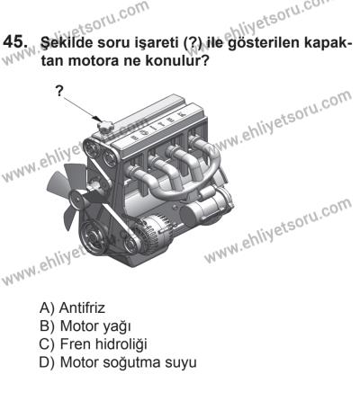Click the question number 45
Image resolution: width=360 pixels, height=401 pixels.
[15, 41]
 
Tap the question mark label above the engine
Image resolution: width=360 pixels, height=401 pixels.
[60, 91]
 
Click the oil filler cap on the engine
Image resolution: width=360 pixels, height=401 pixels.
[104, 127]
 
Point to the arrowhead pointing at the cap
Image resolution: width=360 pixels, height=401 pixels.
[97, 119]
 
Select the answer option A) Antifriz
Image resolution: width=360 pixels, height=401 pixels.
[72, 307]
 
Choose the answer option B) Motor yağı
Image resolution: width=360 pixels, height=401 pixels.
[85, 326]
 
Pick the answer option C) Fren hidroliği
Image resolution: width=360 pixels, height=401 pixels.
[93, 344]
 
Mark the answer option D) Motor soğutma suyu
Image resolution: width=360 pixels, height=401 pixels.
[118, 362]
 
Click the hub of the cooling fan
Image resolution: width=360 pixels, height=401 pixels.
[77, 198]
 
